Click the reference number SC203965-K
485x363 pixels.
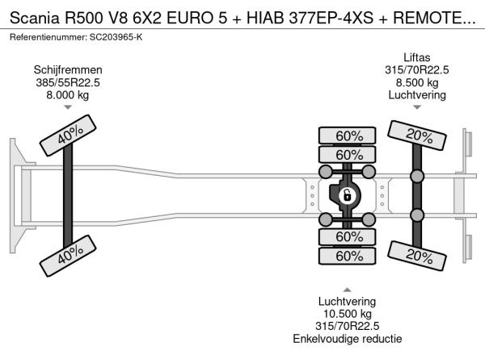tap(116, 37)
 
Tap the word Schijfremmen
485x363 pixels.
tap(68, 70)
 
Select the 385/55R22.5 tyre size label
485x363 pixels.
tap(68, 83)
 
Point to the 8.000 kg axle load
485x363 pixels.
tap(68, 95)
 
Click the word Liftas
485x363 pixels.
tap(417, 58)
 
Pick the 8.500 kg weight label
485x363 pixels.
tap(417, 83)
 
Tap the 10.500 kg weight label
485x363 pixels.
tap(348, 314)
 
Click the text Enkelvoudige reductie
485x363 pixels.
tap(348, 339)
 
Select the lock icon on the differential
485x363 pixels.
tap(347, 196)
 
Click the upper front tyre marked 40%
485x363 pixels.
tap(68, 136)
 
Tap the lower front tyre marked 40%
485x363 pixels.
tap(68, 256)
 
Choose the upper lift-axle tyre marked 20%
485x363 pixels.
tap(417, 136)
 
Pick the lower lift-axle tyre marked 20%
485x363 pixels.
tap(417, 257)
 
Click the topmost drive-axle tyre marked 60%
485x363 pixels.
tap(347, 136)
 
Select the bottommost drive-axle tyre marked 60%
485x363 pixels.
tap(347, 256)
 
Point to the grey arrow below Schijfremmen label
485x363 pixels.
tap(68, 107)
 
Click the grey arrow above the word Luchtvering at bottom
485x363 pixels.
tap(347, 290)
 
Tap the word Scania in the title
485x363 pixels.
tap(34, 19)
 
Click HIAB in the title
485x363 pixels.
tap(265, 19)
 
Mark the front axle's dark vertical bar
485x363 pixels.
tap(68, 195)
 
